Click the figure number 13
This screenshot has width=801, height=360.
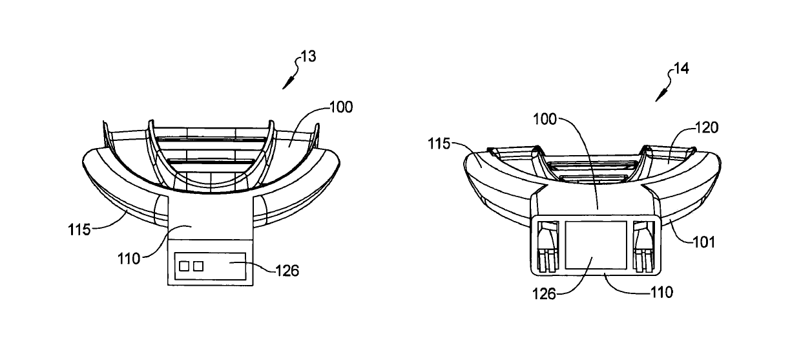click(x=309, y=57)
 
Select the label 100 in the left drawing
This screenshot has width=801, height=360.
click(x=341, y=107)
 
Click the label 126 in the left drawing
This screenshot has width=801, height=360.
click(x=287, y=271)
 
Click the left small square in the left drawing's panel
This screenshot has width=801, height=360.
click(x=184, y=266)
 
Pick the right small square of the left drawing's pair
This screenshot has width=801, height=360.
click(x=198, y=266)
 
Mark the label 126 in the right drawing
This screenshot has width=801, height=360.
click(x=545, y=292)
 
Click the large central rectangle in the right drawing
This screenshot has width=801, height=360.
click(x=596, y=244)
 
